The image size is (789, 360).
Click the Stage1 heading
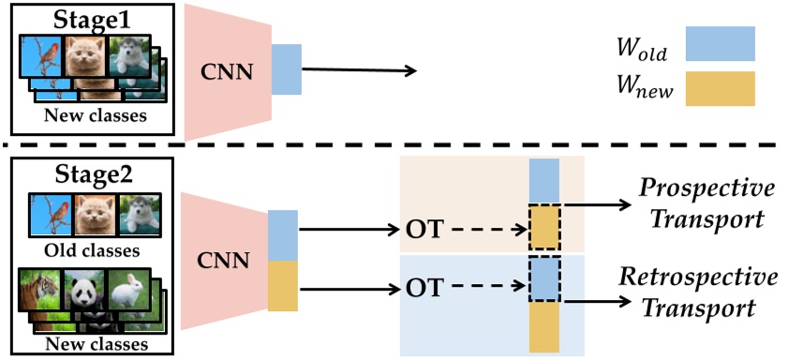[x=91, y=18]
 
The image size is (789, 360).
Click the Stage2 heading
[x=91, y=175]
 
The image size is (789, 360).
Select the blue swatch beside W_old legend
[x=720, y=44]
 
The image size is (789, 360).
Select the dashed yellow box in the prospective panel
[x=543, y=225]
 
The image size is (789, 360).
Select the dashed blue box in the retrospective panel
[x=543, y=277]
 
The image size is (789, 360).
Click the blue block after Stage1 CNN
[x=286, y=68]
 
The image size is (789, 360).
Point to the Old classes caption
[x=92, y=250]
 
